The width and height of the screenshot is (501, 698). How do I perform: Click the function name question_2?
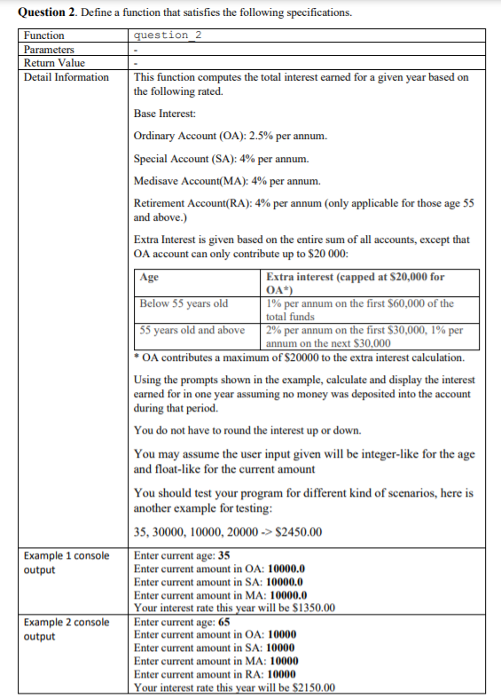coord(168,35)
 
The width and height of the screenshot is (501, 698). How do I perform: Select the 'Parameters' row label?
coord(50,50)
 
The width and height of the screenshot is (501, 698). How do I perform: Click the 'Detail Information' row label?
coord(67,77)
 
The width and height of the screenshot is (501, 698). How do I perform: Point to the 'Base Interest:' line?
coord(165,114)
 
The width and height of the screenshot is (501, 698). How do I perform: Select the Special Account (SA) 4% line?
coord(221,160)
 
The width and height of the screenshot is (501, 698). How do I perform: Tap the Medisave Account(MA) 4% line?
coord(226,183)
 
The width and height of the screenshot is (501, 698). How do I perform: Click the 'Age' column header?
coord(149,277)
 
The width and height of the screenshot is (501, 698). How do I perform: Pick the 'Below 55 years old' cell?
coord(184,303)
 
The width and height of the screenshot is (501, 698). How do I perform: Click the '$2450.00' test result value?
coord(298,532)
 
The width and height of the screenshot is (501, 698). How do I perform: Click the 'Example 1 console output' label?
coord(67,562)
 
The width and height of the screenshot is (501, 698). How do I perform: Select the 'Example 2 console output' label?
coord(67,630)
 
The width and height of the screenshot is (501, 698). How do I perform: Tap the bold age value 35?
coord(225,556)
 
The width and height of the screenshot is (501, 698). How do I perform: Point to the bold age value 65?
coord(225,623)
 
